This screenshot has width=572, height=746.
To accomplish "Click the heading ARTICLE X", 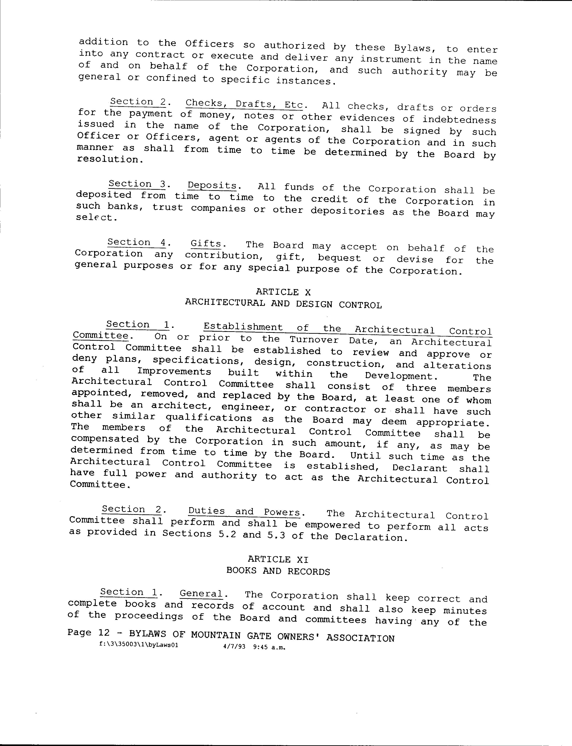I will pyautogui.click(x=283, y=292).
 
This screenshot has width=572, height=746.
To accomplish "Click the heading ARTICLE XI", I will pyautogui.click(x=278, y=559).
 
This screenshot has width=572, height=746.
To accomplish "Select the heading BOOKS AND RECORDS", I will pyautogui.click(x=278, y=571).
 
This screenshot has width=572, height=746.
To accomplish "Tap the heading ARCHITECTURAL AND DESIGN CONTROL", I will pyautogui.click(x=283, y=304).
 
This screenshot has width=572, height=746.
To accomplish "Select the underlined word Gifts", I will pyautogui.click(x=206, y=244).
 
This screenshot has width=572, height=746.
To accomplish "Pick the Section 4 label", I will pyautogui.click(x=136, y=242).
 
